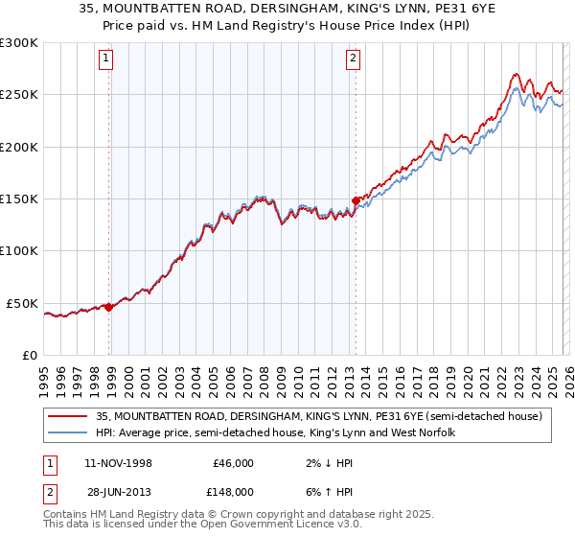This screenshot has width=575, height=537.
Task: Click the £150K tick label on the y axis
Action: click(19, 199)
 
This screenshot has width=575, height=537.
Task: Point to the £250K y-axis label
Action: click(19, 95)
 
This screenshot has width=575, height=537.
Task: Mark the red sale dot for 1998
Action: click(109, 308)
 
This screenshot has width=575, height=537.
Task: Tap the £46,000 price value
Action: click(233, 463)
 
